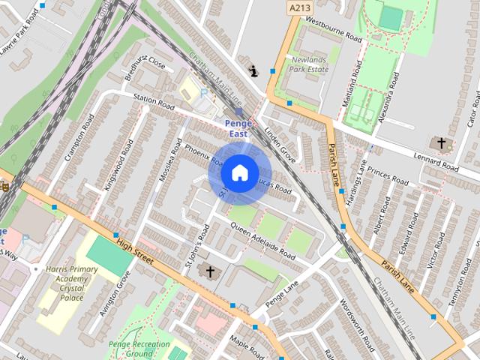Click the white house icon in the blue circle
point(239,172)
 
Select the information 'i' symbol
point(253,71)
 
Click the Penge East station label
point(237,128)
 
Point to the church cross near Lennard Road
point(442,142)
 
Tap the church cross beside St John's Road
point(210,271)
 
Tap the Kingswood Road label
point(116,153)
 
